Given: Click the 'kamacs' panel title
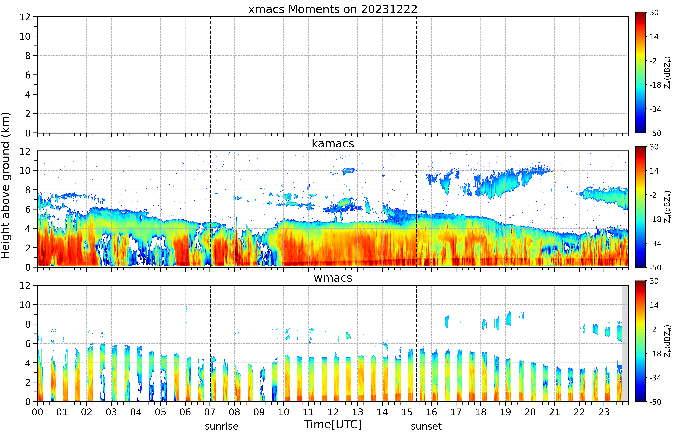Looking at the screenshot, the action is click(x=333, y=144).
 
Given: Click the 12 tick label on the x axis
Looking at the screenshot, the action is click(x=333, y=412).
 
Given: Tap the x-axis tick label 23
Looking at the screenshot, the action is click(x=604, y=412).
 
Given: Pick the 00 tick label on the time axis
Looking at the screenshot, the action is click(x=37, y=412).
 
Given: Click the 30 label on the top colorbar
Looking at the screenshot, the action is click(x=654, y=12).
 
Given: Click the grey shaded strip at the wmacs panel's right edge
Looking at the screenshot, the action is click(x=625, y=343).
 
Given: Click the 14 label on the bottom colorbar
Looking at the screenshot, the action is click(x=654, y=305).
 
